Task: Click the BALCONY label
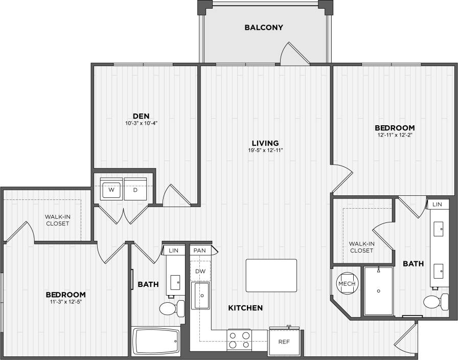(x=263, y=28)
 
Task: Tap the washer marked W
(x=111, y=190)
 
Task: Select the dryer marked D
(x=135, y=190)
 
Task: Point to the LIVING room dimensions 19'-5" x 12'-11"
(x=265, y=150)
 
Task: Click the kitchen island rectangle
(x=271, y=275)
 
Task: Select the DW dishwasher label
(x=200, y=272)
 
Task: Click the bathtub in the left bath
(x=156, y=340)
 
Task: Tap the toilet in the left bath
(x=171, y=308)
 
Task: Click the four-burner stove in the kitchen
(x=239, y=340)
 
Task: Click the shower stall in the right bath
(x=378, y=290)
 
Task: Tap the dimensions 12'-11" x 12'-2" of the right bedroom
(x=394, y=136)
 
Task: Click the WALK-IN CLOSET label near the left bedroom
(x=57, y=220)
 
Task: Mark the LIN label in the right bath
(x=437, y=204)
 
